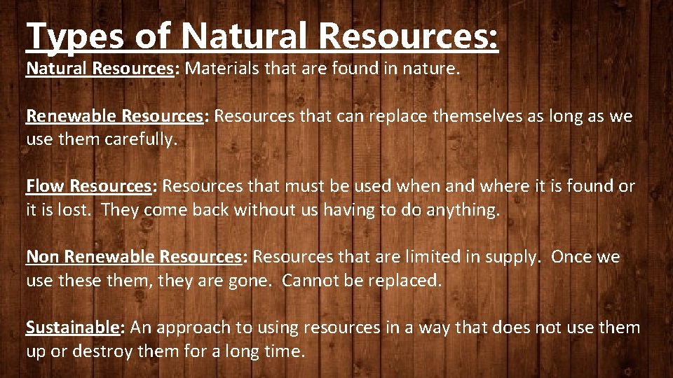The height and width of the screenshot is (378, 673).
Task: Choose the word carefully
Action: [142, 139]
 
